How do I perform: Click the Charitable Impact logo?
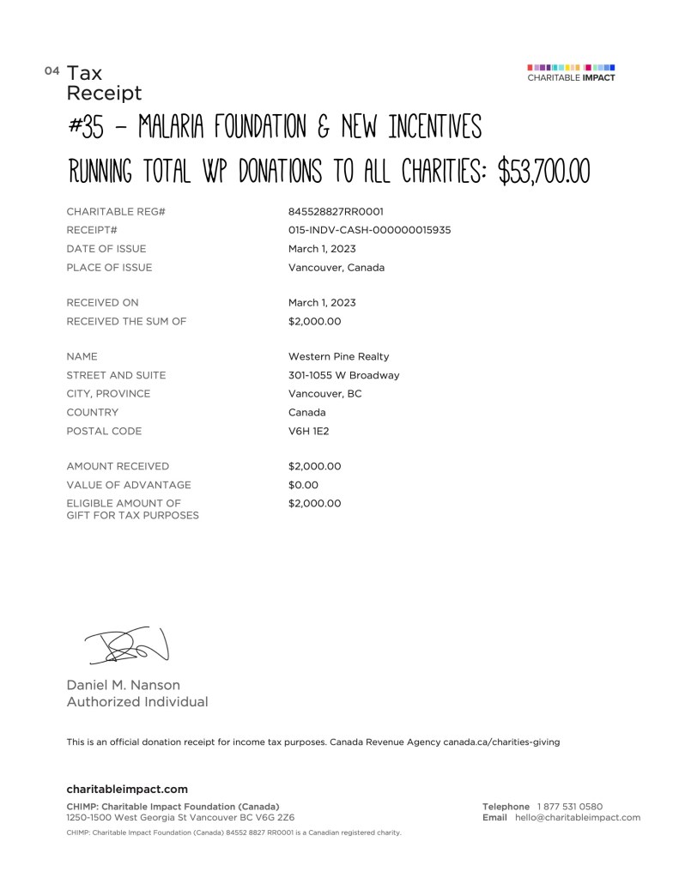(571, 72)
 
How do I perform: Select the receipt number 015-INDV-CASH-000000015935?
(369, 230)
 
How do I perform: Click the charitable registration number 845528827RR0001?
(336, 211)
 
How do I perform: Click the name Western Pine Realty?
(338, 356)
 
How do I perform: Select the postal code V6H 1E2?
(308, 431)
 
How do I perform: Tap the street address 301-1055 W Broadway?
(343, 375)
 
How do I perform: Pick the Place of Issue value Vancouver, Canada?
(336, 267)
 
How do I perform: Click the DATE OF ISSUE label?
(106, 249)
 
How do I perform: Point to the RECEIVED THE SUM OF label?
(126, 322)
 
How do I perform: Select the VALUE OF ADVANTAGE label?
(129, 485)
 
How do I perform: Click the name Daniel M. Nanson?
(124, 685)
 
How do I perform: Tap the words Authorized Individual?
(137, 702)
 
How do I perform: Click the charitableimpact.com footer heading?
(127, 789)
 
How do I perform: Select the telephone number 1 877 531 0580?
(570, 807)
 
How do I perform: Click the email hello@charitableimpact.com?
(578, 817)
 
